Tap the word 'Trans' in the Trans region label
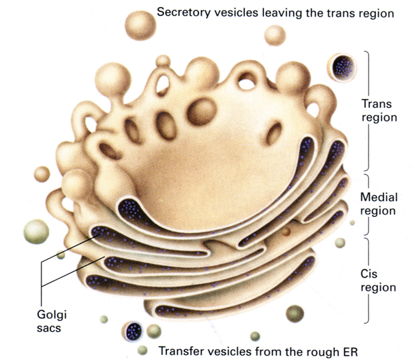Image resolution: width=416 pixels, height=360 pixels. click(x=376, y=103)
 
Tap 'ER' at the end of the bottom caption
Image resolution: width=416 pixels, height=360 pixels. click(x=355, y=350)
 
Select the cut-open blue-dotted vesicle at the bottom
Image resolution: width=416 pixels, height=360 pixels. click(x=133, y=331)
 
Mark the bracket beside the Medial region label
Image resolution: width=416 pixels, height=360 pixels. click(x=367, y=204)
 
